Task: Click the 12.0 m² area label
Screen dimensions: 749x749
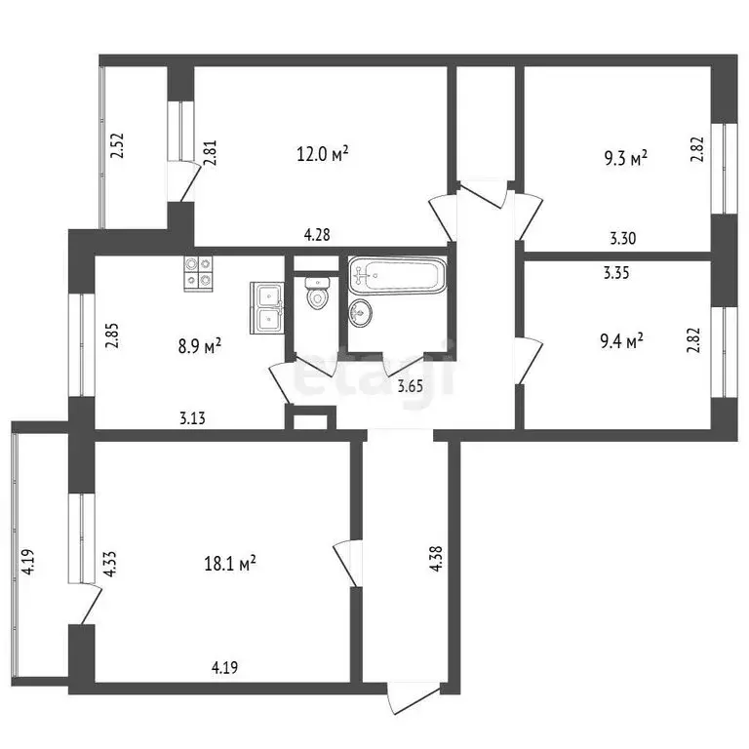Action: click(x=323, y=154)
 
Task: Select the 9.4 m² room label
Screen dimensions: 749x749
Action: click(x=621, y=341)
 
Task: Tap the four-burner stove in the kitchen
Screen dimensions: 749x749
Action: click(x=199, y=271)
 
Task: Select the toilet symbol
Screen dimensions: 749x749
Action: click(x=318, y=292)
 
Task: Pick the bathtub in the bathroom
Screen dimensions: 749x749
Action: click(x=397, y=275)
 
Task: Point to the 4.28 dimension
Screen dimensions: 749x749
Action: click(x=318, y=235)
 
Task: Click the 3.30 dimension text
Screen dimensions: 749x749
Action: click(x=624, y=236)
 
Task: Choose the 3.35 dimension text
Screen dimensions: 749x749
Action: click(x=616, y=274)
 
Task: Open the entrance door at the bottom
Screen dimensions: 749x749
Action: click(x=410, y=700)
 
